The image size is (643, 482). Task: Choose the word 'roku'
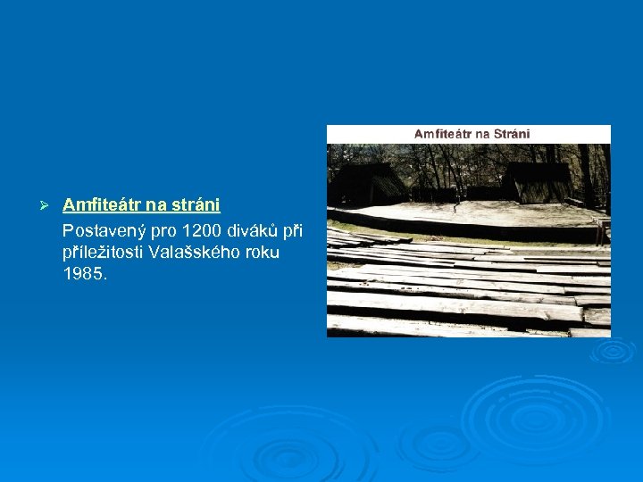[x=262, y=252]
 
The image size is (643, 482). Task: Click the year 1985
[x=84, y=274]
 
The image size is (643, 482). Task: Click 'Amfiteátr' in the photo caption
[x=442, y=134]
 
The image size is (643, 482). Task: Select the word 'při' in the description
[x=292, y=230]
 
